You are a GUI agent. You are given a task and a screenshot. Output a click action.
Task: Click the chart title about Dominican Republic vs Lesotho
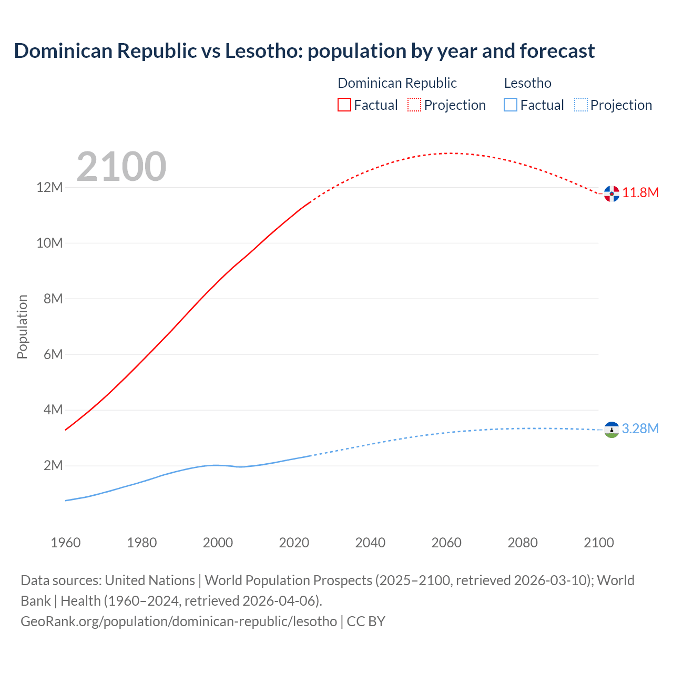304,51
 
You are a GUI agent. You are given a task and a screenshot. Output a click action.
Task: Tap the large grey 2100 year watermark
121,167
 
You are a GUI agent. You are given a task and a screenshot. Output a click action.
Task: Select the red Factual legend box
344,105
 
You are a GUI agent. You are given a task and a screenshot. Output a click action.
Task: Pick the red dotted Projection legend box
414,105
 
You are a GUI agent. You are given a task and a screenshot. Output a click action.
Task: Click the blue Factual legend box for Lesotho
511,105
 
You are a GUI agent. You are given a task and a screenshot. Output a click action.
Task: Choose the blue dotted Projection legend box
580,105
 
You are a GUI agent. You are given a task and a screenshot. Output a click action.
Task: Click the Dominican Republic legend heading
397,83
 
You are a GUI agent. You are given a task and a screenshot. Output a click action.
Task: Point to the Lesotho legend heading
527,83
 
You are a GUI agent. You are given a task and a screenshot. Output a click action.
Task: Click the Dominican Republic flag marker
611,193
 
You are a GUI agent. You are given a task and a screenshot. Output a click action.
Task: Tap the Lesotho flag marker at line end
611,430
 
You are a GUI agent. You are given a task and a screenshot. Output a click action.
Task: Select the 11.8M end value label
640,192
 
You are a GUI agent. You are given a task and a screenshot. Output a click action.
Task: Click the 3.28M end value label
640,429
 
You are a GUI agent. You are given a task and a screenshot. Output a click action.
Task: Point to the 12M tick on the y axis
49,188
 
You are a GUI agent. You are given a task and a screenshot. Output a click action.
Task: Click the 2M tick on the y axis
53,465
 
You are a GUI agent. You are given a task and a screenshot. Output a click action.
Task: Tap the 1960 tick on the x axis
66,543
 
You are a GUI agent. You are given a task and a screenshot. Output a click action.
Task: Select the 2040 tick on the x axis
370,543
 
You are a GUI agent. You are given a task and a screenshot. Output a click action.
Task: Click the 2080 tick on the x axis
523,543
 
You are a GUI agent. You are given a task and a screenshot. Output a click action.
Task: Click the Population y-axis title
22,327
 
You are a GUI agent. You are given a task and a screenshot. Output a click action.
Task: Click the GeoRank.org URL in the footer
179,621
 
